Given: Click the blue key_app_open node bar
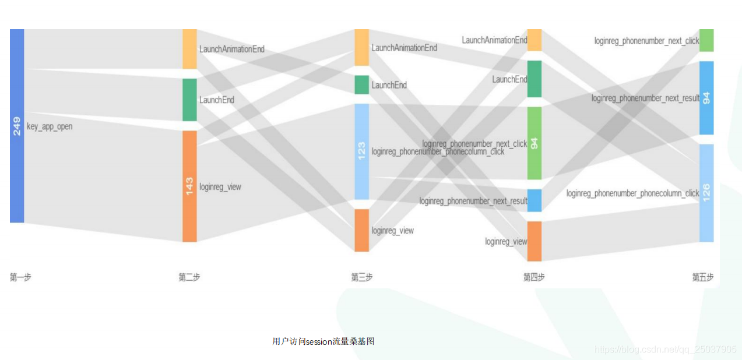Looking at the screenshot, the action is pos(17,175).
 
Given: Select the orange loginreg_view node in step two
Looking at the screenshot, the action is pos(189,210).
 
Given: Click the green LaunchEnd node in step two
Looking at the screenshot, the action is pos(189,100).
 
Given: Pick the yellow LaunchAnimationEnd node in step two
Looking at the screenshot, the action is pos(189,49).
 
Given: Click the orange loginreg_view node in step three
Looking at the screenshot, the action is pos(361,230).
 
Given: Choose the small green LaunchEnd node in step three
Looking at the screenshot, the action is pos(361,84).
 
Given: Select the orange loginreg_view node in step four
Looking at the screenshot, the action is pos(534,241).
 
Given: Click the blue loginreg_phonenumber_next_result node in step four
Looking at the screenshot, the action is pos(534,200).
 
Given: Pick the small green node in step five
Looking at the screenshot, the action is pos(706,40).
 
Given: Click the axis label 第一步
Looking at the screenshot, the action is pos(20,277).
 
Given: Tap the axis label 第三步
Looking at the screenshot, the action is pos(361,277).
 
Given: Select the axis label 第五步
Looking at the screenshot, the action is pos(702,277).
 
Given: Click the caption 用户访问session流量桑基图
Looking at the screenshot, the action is pos(323,341).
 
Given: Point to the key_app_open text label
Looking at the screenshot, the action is pos(50,126).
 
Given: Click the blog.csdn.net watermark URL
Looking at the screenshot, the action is pos(665,350).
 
